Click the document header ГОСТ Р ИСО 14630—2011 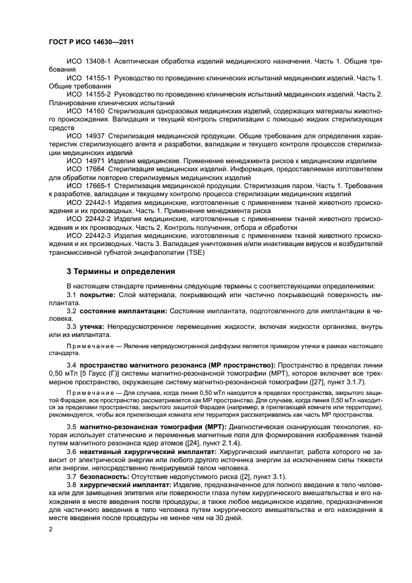92,42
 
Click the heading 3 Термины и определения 120,272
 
